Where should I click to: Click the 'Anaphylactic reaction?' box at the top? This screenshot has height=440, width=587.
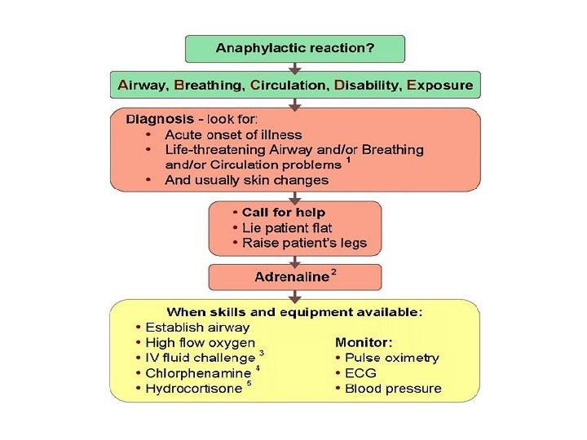click(x=294, y=48)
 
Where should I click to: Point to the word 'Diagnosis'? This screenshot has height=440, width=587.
click(x=154, y=119)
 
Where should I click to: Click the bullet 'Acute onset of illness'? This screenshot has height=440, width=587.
click(x=232, y=134)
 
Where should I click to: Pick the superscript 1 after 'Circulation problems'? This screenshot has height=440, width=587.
click(x=348, y=161)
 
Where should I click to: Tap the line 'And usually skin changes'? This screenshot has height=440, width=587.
click(x=246, y=180)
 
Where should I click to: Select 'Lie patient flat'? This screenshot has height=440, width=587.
click(x=287, y=227)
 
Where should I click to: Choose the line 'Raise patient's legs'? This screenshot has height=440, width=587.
click(x=304, y=243)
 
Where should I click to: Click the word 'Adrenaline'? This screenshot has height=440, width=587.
click(x=291, y=277)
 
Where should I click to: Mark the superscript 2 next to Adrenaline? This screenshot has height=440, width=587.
click(x=333, y=271)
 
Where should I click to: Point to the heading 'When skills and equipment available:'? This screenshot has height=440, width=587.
click(x=294, y=311)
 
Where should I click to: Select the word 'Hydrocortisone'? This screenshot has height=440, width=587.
click(x=193, y=389)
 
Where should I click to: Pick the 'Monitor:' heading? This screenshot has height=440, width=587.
click(x=364, y=342)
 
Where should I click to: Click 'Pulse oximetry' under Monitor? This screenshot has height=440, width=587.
click(x=391, y=358)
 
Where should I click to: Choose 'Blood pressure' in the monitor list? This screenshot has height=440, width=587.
click(x=393, y=389)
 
